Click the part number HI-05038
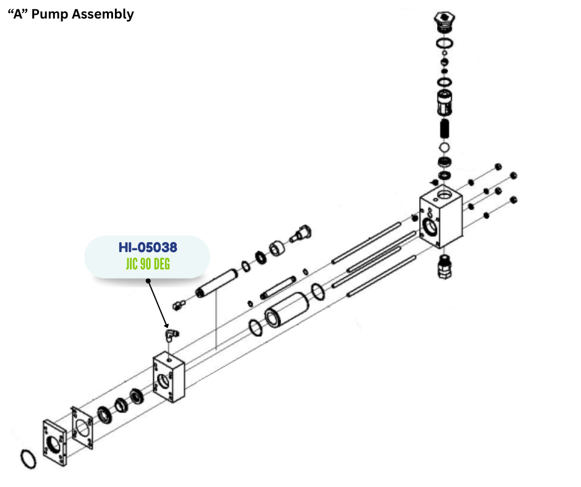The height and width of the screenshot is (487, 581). click(148, 247)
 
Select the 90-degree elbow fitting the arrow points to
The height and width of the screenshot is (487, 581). click(170, 334)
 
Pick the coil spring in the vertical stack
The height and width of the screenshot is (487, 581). click(443, 129)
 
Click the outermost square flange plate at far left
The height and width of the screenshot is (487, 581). click(54, 443)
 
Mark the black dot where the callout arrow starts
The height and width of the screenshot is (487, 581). click(148, 281)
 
